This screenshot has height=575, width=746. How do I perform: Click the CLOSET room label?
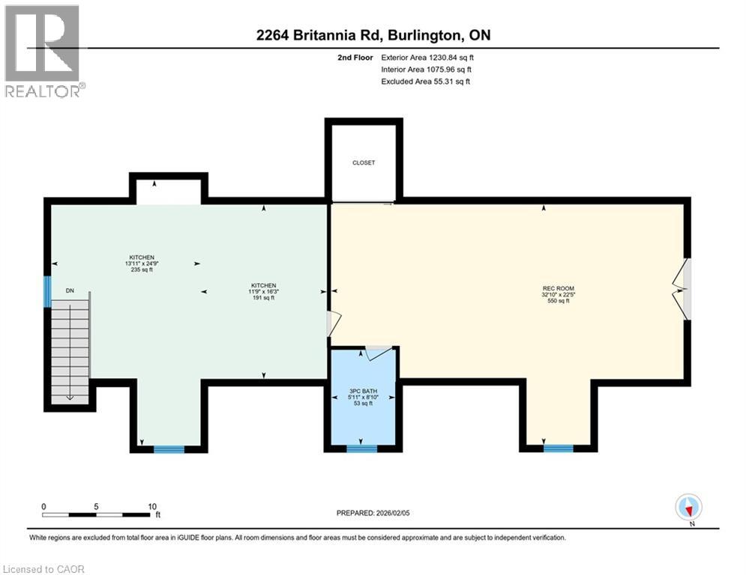point(364,162)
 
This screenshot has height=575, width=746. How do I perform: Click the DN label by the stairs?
point(70,291)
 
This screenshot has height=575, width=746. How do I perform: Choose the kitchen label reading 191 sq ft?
point(264,291)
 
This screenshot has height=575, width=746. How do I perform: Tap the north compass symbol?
point(688,507)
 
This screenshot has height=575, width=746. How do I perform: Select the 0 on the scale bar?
point(43,505)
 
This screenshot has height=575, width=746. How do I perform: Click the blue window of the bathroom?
point(361,448)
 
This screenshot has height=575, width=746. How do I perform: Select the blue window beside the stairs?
point(47,291)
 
